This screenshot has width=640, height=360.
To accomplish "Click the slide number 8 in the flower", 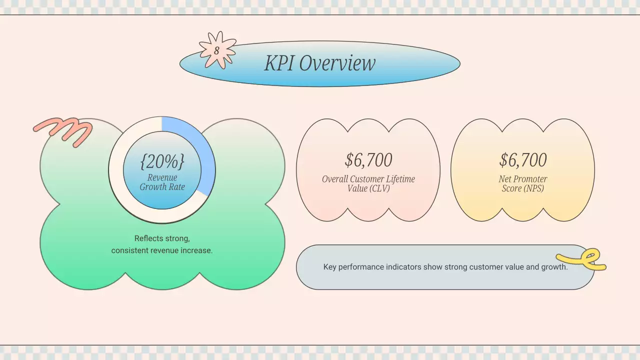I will click(x=216, y=51).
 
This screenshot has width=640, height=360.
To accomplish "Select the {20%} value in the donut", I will click(x=162, y=161).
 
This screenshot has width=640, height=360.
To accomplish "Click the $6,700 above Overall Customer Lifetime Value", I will click(x=368, y=160).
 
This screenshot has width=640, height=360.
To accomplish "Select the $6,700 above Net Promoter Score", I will click(x=523, y=160).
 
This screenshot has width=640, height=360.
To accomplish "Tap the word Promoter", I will click(x=529, y=179).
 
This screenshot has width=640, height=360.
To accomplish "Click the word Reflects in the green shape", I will click(x=148, y=238).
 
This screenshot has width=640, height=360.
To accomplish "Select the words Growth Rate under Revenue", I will click(x=162, y=187).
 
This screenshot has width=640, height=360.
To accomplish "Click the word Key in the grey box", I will click(x=329, y=267).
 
